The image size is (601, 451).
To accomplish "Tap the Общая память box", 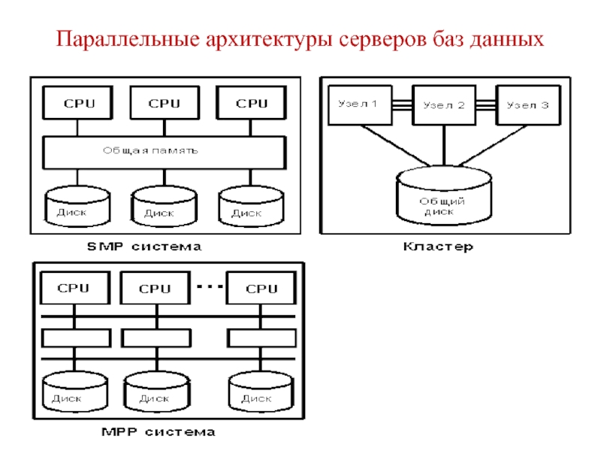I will pyautogui.click(x=164, y=152).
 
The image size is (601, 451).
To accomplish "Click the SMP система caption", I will pyautogui.click(x=144, y=246).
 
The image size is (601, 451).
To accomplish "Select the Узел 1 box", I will pyautogui.click(x=359, y=104).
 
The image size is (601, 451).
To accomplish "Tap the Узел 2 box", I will pyautogui.click(x=443, y=105).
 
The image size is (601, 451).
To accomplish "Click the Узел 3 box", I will pyautogui.click(x=527, y=104).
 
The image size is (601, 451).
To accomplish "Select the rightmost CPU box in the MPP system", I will pyautogui.click(x=261, y=289).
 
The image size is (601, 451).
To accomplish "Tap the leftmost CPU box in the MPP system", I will pyautogui.click(x=73, y=288).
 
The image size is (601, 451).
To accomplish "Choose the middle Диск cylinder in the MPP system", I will pyautogui.click(x=156, y=393).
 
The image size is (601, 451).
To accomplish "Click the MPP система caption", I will pyautogui.click(x=158, y=431).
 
